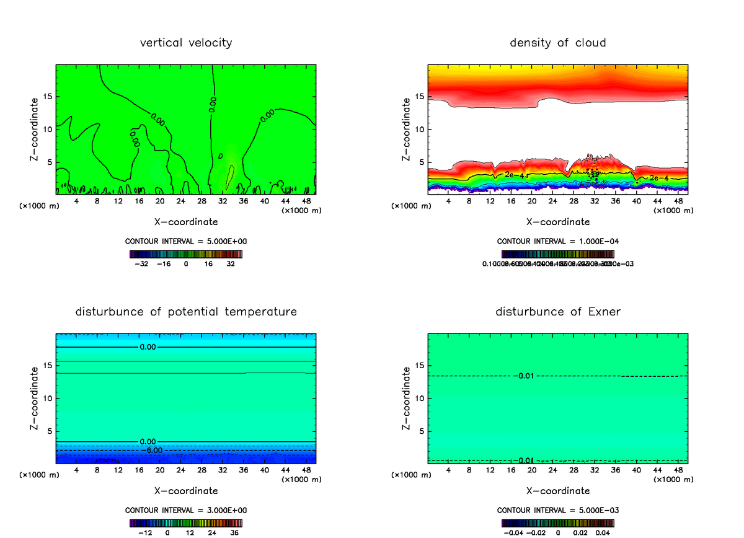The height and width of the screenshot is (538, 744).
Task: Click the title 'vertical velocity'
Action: (186, 43)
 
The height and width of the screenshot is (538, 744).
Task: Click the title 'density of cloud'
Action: (558, 43)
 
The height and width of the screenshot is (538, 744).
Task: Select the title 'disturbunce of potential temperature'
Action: (186, 311)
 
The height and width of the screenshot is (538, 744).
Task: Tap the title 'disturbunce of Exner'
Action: (558, 311)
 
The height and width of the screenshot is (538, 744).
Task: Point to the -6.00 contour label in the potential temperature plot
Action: (151, 450)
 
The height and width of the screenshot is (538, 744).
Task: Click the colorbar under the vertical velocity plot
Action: (186, 254)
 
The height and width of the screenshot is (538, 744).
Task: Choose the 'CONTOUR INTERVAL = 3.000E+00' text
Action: (186, 510)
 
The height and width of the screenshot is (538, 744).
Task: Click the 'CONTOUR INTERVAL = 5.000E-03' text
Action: (558, 510)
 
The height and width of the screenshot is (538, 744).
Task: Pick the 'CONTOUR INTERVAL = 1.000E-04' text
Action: (558, 242)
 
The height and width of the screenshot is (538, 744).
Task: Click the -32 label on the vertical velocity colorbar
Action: (141, 263)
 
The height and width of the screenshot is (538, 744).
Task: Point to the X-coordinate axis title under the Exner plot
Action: (558, 491)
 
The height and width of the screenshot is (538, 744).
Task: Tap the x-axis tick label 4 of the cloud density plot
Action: (448, 201)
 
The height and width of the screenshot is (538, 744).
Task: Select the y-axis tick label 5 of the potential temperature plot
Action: (50, 431)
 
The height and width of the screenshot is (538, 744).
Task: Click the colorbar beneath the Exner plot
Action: (558, 523)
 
